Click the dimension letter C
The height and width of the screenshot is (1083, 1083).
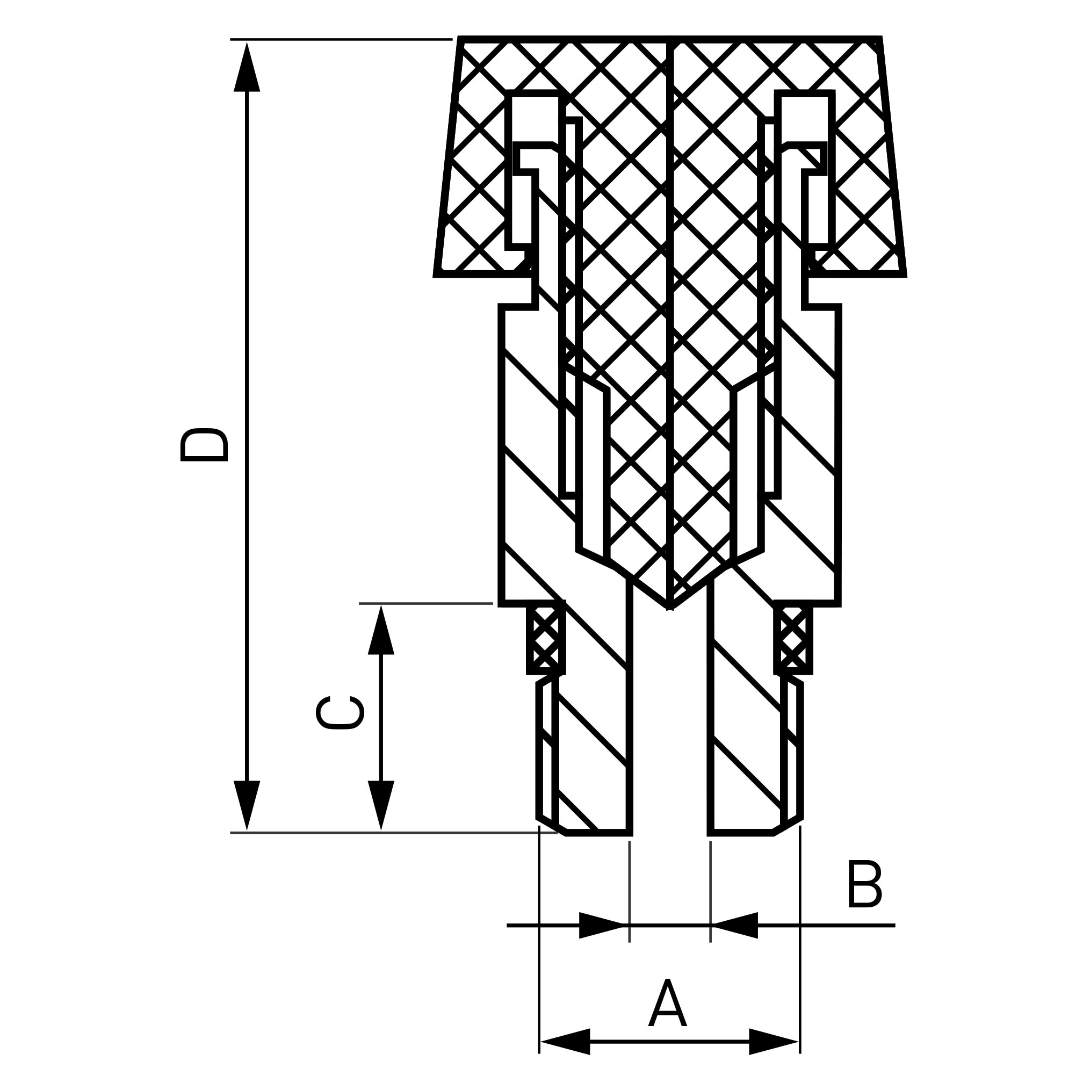(340, 712)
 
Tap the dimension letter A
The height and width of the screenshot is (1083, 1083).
(668, 1003)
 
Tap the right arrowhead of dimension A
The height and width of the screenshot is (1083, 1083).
(774, 1042)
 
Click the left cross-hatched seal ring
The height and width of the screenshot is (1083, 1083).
(546, 640)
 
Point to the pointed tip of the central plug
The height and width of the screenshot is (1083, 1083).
(670, 607)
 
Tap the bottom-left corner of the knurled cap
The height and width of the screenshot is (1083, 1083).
(437, 274)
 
